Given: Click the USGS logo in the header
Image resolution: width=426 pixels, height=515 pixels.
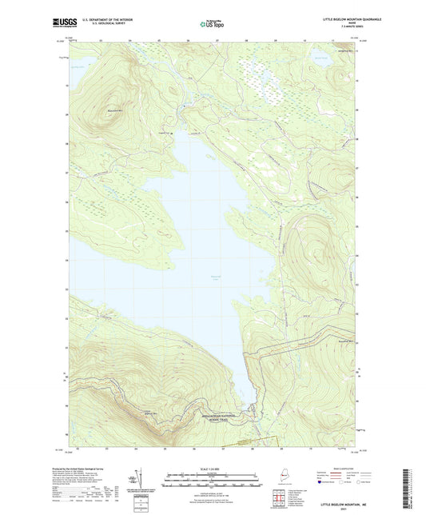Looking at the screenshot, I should click(64, 23).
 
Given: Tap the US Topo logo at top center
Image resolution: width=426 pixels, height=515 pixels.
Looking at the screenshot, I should click(210, 24).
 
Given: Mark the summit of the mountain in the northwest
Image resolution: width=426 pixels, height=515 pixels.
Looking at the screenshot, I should click(112, 106).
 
